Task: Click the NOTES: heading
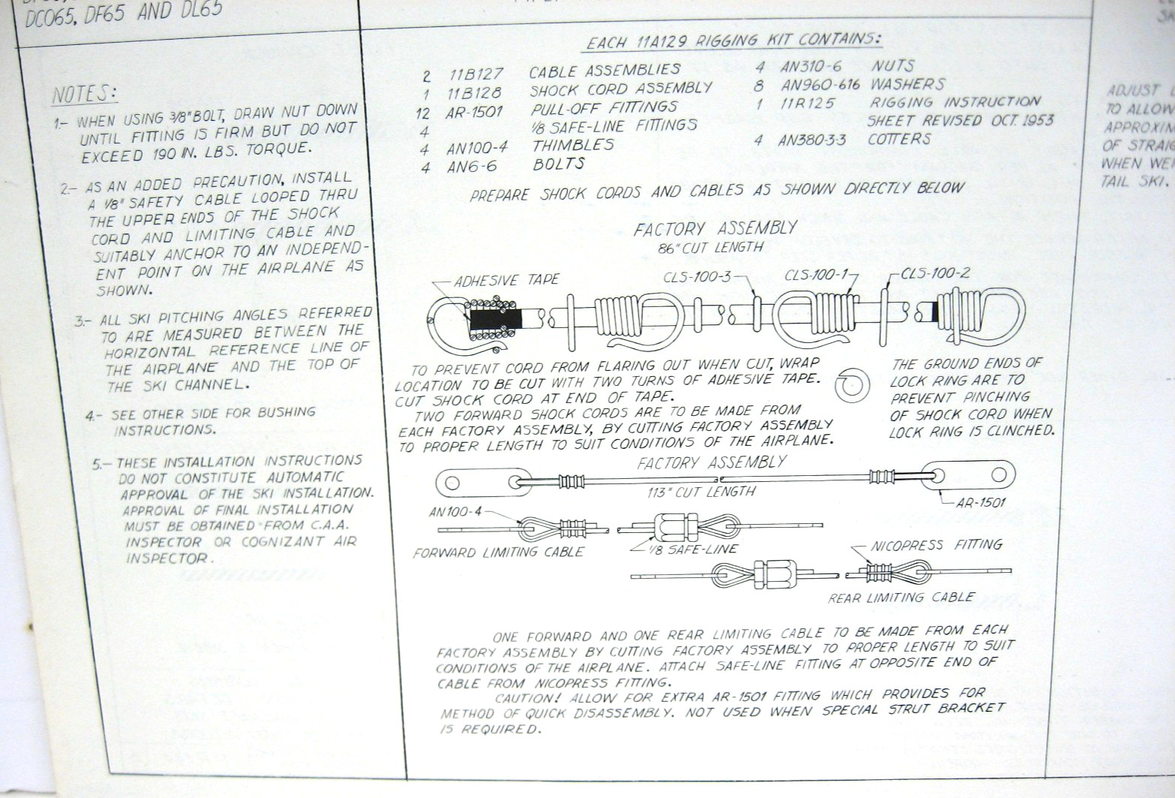[x=84, y=95]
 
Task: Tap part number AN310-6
[x=810, y=67]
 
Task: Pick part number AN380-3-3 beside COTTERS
[x=811, y=140]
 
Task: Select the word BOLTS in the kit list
[x=558, y=164]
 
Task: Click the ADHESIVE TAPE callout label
[x=506, y=280]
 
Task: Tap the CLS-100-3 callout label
[x=696, y=277]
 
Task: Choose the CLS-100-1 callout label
[x=816, y=275]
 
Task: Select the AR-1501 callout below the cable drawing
[x=980, y=502]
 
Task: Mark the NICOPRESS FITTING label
[x=936, y=545]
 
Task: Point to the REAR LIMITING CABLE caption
[x=900, y=598]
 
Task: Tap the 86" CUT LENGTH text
[x=709, y=247]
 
